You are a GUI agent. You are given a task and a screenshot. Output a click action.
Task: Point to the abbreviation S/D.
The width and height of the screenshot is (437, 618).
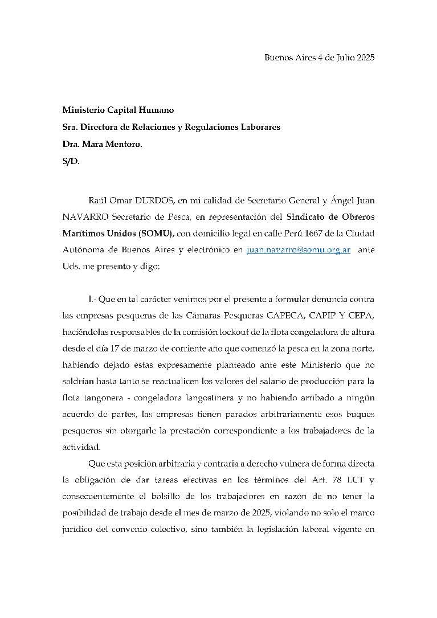(x=71, y=161)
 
